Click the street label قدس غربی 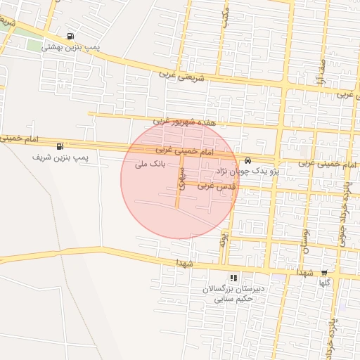pyautogui.click(x=215, y=186)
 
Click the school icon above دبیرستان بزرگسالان pyautogui.click(x=233, y=278)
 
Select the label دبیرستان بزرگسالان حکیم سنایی pyautogui.click(x=233, y=294)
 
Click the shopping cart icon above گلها pyautogui.click(x=324, y=272)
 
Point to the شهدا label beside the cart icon pyautogui.click(x=304, y=271)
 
